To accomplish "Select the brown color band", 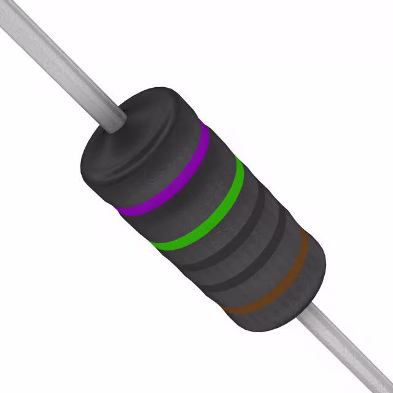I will pos(270,289).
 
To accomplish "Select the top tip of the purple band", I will pos(204,126).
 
